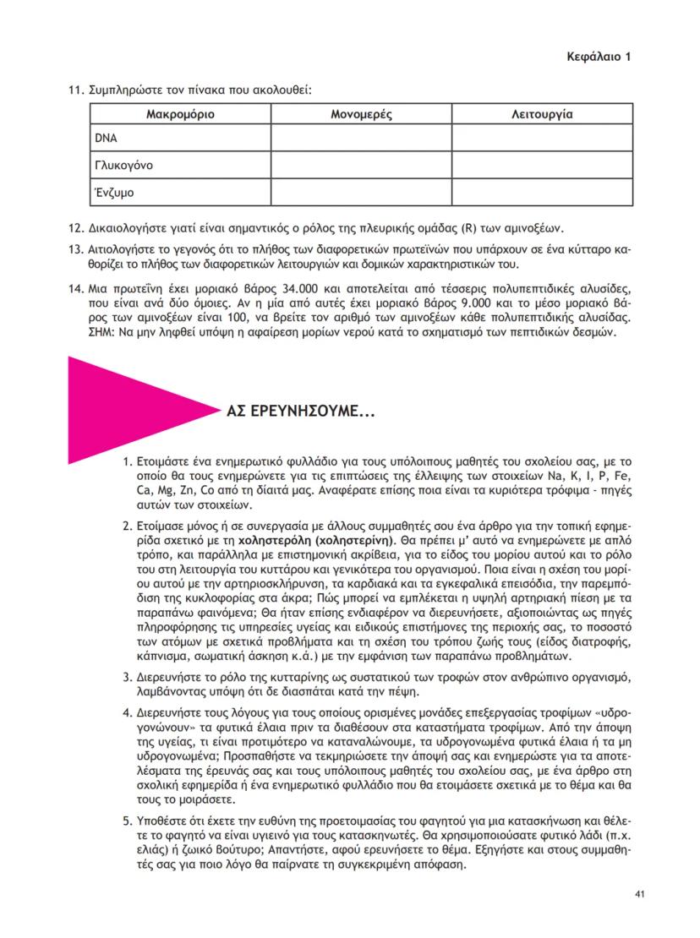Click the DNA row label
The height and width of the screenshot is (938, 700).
click(104, 138)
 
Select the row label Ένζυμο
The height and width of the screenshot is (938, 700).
click(114, 192)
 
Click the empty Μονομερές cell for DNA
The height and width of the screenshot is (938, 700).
click(361, 138)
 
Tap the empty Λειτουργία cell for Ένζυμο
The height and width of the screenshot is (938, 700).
click(542, 192)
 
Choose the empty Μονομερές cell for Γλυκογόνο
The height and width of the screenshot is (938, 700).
click(361, 165)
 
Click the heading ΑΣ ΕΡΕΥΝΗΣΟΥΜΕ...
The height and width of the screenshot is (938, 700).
click(301, 414)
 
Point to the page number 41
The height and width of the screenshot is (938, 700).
click(638, 895)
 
